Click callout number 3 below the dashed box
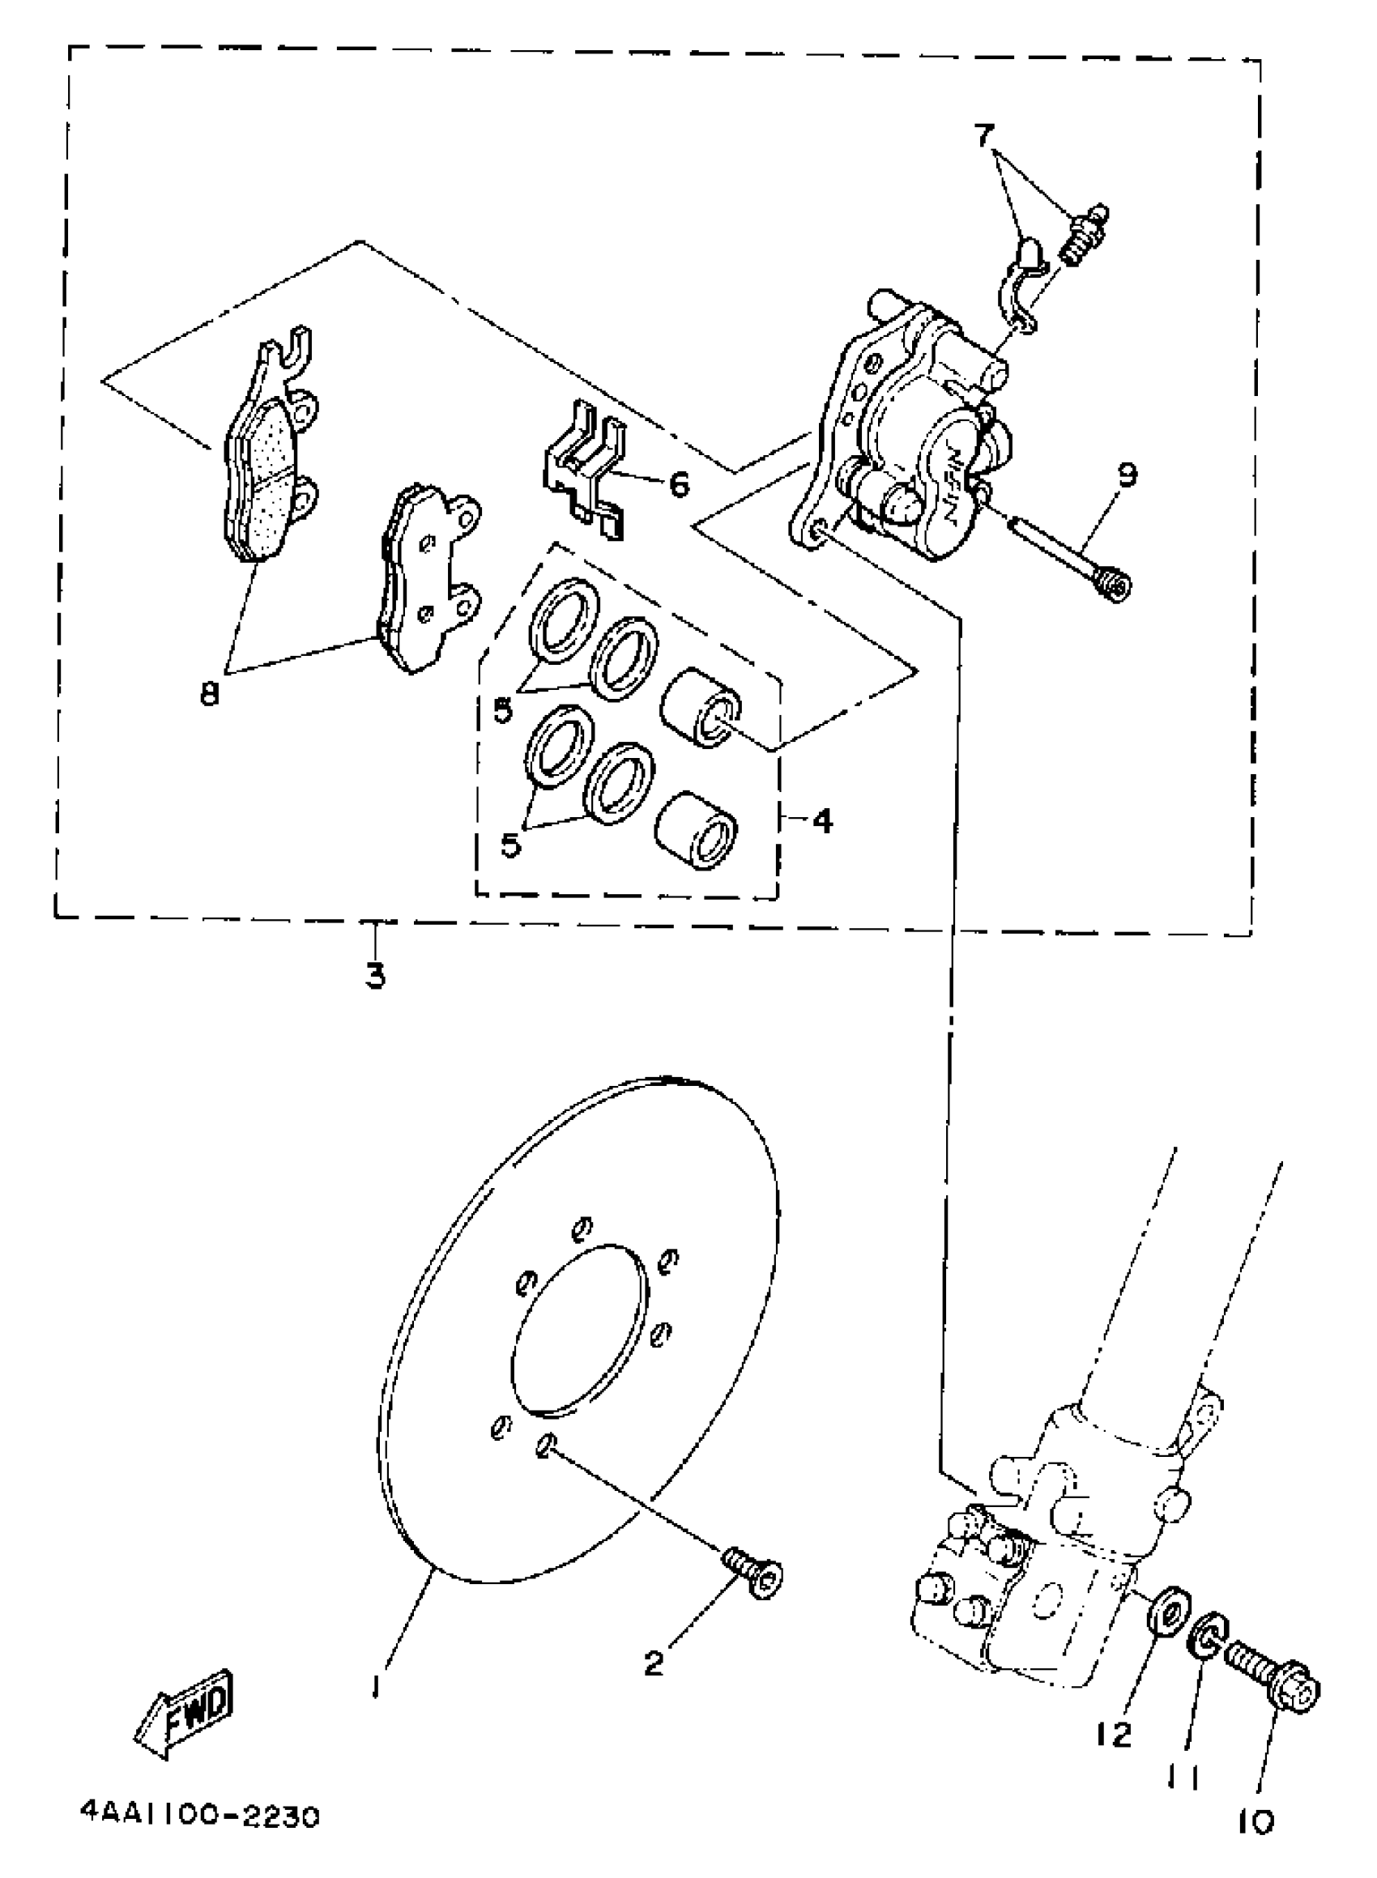coord(376,974)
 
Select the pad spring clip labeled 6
coord(587,471)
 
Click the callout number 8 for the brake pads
coord(209,693)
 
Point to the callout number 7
coord(984,134)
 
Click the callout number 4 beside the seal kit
coord(822,822)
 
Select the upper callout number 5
coord(504,711)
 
